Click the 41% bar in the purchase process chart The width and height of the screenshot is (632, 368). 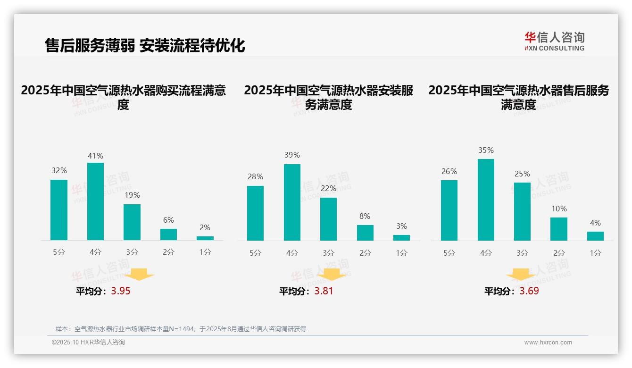(95, 201)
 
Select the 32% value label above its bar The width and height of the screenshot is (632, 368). (59, 171)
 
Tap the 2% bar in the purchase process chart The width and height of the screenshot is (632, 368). (205, 238)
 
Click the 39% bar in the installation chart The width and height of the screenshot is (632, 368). (292, 202)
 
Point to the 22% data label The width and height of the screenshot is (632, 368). (328, 188)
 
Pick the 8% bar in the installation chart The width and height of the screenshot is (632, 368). (365, 233)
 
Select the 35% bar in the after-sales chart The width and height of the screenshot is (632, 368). (486, 200)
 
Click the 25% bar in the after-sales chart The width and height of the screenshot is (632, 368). (522, 211)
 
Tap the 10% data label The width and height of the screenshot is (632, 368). (559, 209)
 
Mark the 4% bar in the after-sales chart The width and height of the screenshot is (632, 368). (595, 236)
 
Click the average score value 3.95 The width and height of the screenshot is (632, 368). (121, 291)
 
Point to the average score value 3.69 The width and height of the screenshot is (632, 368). (529, 291)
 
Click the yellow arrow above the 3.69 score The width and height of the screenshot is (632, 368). (521, 276)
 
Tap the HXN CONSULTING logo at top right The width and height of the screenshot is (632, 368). (554, 42)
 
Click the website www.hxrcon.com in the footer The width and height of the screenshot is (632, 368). (548, 343)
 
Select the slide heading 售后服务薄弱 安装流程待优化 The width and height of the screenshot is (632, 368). (145, 45)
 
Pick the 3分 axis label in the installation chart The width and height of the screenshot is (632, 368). (328, 253)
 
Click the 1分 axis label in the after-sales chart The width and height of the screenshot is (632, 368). (595, 253)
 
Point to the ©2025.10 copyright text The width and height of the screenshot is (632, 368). (88, 343)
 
